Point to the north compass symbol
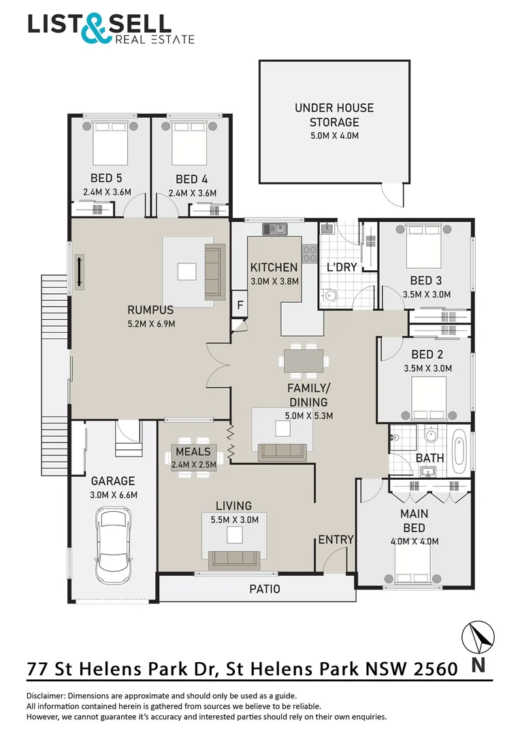pyautogui.click(x=478, y=640)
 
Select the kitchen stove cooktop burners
pyautogui.click(x=309, y=253)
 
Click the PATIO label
pyautogui.click(x=265, y=589)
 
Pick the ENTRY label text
pyautogui.click(x=336, y=540)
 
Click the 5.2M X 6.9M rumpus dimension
pyautogui.click(x=151, y=323)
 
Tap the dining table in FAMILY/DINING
pyautogui.click(x=304, y=360)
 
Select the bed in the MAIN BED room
pyautogui.click(x=412, y=566)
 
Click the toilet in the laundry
pyautogui.click(x=330, y=295)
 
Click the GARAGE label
pyautogui.click(x=113, y=480)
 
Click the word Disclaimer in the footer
pyautogui.click(x=50, y=696)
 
